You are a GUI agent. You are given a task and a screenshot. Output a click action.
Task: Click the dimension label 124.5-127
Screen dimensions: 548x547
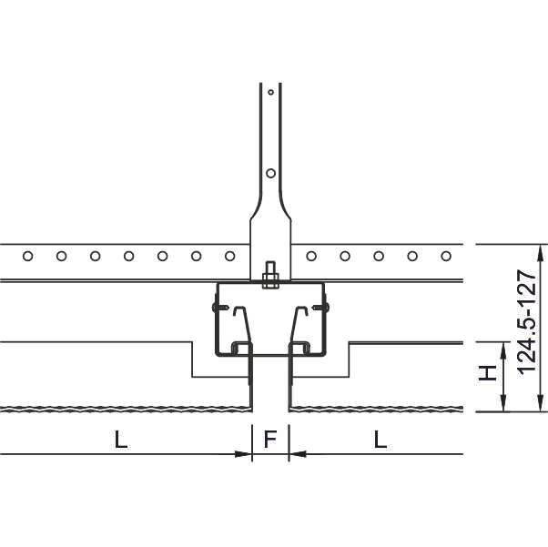click(x=527, y=321)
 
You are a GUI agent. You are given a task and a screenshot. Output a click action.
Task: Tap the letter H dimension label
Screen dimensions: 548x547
click(x=488, y=373)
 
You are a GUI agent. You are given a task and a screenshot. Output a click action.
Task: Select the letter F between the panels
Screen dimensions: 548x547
click(x=270, y=440)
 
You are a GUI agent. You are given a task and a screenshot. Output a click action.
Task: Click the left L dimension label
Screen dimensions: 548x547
click(x=121, y=440)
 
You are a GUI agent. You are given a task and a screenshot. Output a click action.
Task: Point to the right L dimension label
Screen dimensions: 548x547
click(x=381, y=440)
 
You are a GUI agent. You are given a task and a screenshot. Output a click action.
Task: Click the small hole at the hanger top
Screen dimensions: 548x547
click(x=270, y=92)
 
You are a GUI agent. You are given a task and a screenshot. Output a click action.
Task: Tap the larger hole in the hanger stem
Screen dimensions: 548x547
click(x=271, y=173)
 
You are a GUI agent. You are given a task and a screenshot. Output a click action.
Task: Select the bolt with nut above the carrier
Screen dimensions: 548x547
click(x=271, y=276)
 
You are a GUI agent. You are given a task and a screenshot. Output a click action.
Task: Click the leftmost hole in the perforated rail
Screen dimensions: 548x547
click(x=28, y=256)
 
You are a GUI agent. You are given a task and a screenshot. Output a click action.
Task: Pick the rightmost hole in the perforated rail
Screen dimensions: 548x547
click(x=446, y=256)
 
